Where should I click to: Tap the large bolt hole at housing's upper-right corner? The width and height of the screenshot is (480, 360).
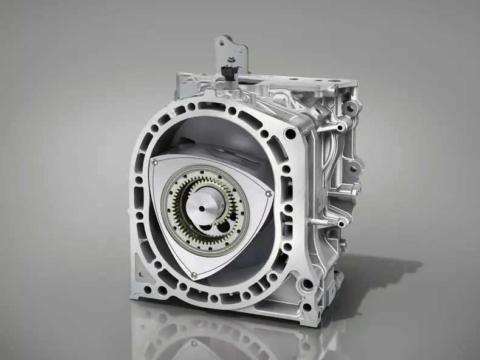[x=291, y=134]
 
